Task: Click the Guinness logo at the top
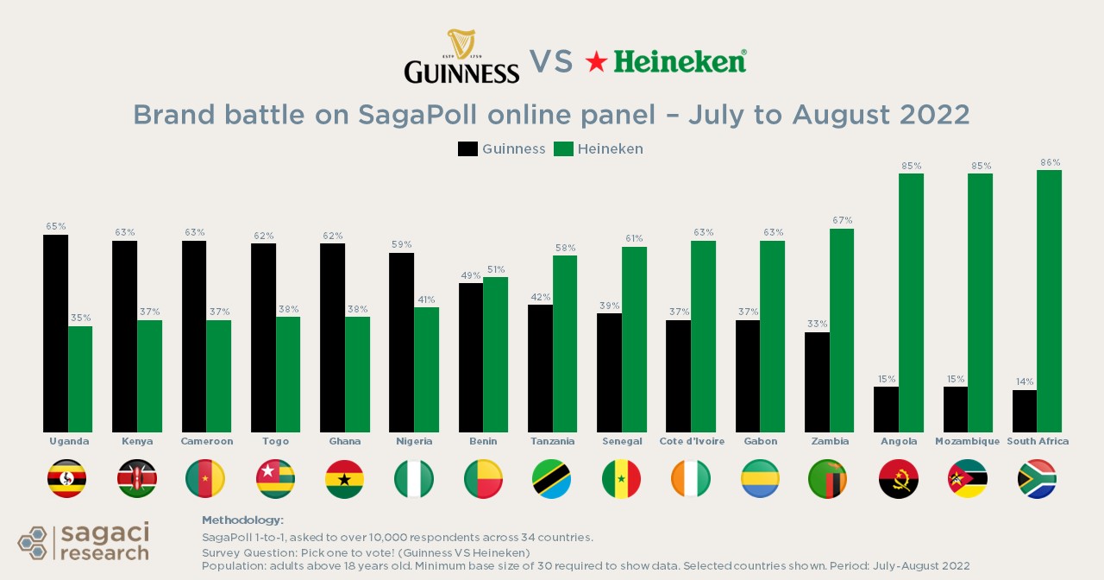(x=461, y=58)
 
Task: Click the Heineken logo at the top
(x=666, y=61)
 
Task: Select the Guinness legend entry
(x=502, y=149)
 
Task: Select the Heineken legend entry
(x=599, y=149)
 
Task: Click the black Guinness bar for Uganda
(x=56, y=333)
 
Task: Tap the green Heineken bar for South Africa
(x=1049, y=301)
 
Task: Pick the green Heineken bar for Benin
(x=495, y=355)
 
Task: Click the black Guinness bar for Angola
(x=886, y=409)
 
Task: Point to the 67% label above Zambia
(x=842, y=220)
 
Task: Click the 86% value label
(x=1050, y=162)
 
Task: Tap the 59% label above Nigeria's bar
(x=401, y=244)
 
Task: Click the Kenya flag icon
(x=137, y=479)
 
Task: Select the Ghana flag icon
(x=345, y=479)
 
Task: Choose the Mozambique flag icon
(x=967, y=479)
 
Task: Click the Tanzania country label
(x=553, y=441)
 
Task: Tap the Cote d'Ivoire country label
(x=692, y=441)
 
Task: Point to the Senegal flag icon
(x=622, y=479)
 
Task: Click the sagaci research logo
(x=84, y=541)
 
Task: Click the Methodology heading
(x=242, y=520)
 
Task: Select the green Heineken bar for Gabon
(x=772, y=337)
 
